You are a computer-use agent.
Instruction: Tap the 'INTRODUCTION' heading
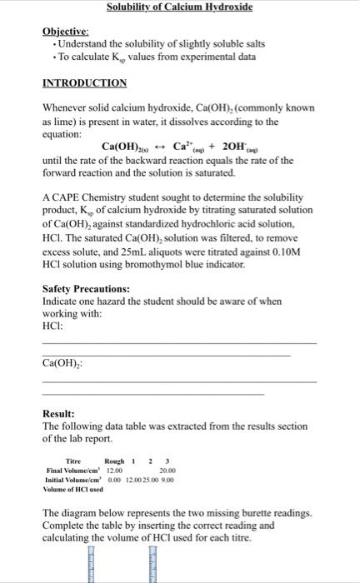(x=84, y=83)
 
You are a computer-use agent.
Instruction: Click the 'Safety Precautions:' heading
(x=86, y=288)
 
